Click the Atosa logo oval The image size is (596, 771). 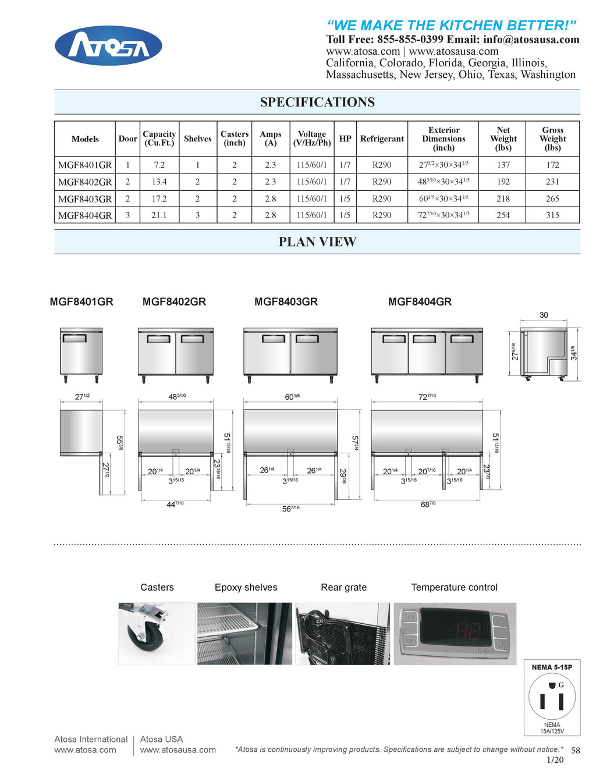[108, 46]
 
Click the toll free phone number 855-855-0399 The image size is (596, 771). [410, 40]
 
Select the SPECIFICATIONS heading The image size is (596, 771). [317, 102]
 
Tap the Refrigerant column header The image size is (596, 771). [382, 138]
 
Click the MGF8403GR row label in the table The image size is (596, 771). [85, 198]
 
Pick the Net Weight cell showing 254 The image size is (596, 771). [503, 215]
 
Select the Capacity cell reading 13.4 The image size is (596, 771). [159, 182]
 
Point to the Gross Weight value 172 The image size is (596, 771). [552, 165]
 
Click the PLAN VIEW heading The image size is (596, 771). [317, 242]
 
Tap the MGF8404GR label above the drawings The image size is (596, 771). [420, 301]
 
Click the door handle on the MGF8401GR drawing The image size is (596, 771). [74, 338]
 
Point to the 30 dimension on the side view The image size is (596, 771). [544, 315]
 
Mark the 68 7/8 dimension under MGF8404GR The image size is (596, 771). [428, 504]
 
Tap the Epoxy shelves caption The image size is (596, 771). [246, 587]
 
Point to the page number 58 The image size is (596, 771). [575, 750]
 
